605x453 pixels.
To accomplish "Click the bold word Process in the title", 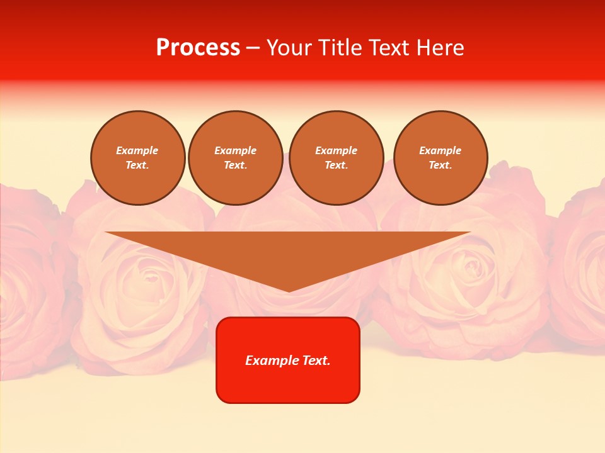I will click(198, 48).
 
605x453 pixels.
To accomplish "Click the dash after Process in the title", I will click(253, 48).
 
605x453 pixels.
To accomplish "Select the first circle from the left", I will click(138, 158).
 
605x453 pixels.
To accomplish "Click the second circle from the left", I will click(236, 158).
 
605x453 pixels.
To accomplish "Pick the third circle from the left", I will click(337, 158).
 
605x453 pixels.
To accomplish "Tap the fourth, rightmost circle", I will click(441, 158).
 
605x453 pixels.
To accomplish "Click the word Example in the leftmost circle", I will click(137, 150).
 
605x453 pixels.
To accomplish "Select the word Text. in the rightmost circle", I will click(441, 165).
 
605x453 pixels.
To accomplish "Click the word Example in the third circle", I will click(337, 150).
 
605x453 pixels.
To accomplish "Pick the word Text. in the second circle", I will click(236, 165).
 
